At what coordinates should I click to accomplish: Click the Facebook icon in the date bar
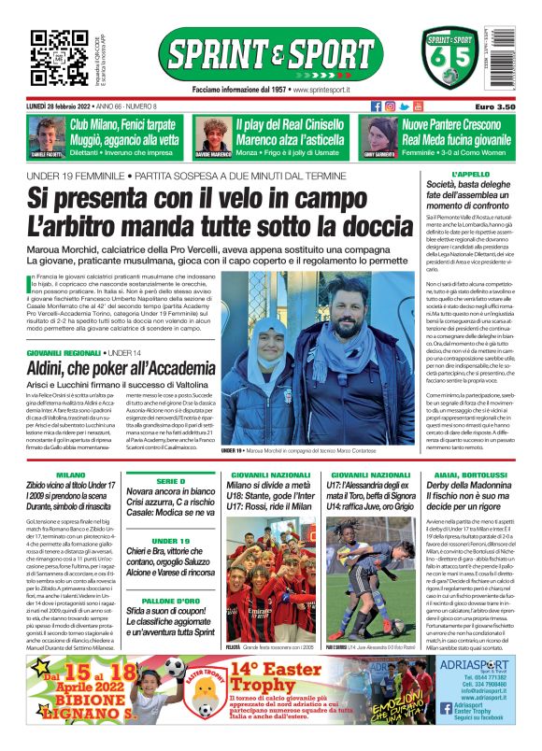coord(377,106)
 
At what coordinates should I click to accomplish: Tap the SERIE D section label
coord(170,479)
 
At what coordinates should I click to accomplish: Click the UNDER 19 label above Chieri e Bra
coord(170,540)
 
